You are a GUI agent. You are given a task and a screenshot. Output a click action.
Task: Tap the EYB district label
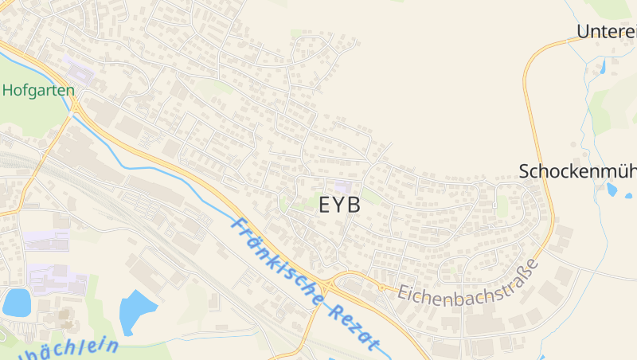339,205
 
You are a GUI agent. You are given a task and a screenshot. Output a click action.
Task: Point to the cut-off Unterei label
607,32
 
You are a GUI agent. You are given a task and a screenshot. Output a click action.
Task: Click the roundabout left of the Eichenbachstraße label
382,287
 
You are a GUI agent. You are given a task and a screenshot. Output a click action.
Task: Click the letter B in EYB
352,205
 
